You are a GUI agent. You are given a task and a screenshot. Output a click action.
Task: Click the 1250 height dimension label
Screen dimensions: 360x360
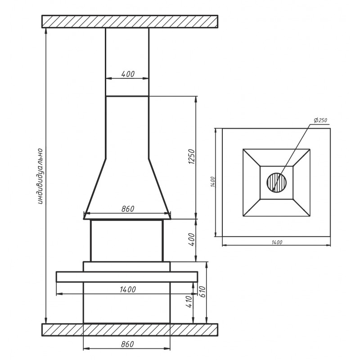(x=191, y=157)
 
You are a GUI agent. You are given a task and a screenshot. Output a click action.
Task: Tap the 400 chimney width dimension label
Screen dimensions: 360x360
(x=128, y=74)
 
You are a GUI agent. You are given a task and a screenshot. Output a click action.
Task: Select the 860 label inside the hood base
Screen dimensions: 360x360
(x=128, y=209)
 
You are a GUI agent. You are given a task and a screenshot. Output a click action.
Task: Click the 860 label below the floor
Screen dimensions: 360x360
(x=127, y=344)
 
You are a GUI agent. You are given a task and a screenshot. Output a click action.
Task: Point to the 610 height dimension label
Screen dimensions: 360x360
(x=203, y=292)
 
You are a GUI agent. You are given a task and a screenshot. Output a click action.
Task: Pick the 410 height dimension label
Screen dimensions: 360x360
(x=189, y=301)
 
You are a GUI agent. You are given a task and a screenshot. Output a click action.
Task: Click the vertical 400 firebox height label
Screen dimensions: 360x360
(x=191, y=239)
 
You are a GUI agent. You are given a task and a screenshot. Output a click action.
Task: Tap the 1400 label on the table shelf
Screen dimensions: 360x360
(x=128, y=289)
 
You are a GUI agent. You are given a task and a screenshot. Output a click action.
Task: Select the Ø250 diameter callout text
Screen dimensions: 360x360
(x=320, y=120)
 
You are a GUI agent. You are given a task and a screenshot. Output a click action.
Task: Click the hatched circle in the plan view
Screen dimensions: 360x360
(x=277, y=183)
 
